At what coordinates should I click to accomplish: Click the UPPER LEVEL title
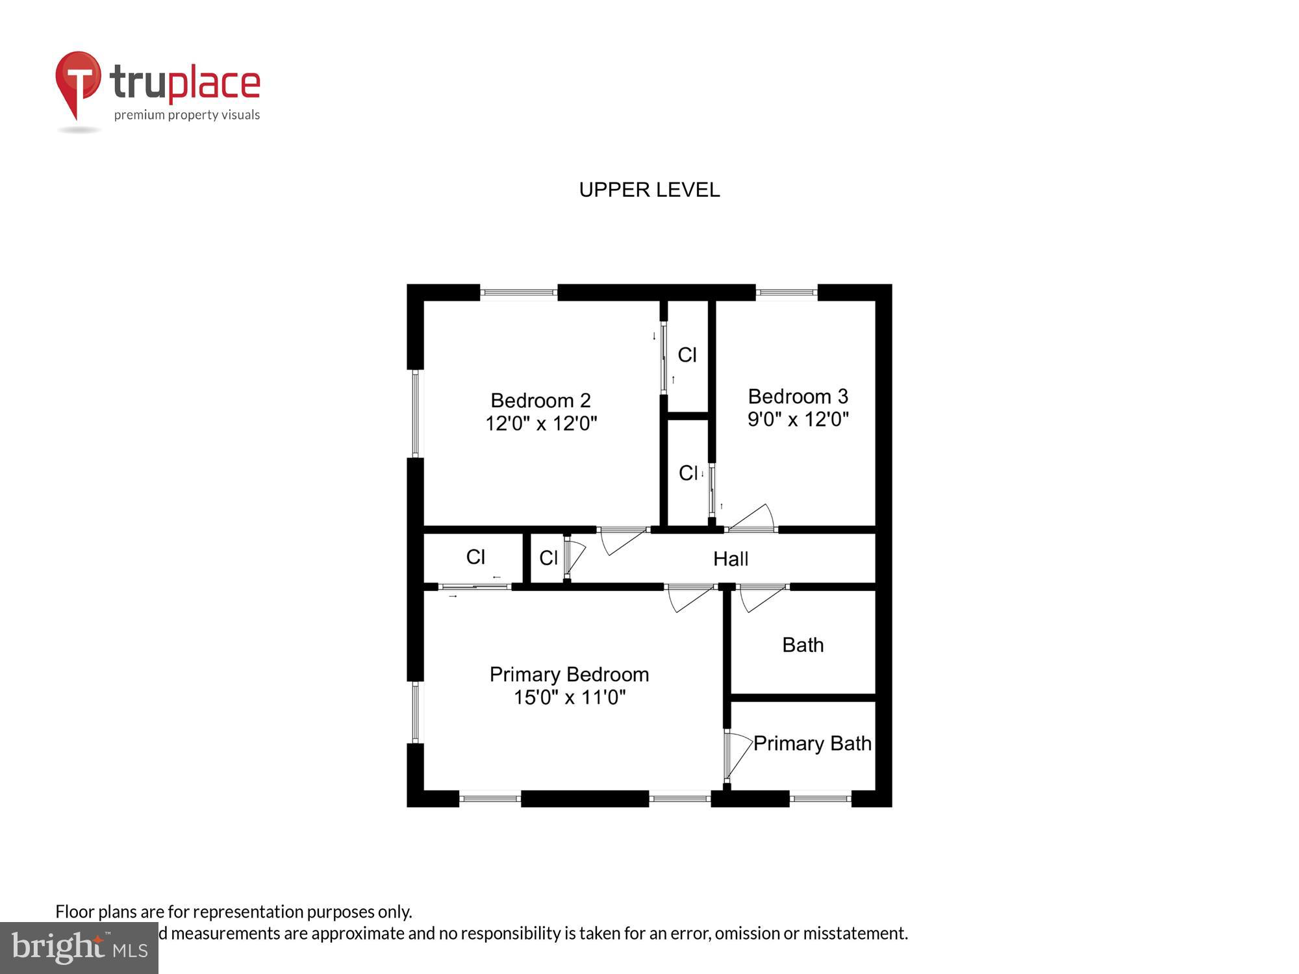[649, 190]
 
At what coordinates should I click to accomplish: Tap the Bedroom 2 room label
[540, 400]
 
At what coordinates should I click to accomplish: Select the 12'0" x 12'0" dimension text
[541, 423]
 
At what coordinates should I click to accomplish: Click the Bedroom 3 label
[798, 396]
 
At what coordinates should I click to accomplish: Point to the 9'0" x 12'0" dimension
[798, 419]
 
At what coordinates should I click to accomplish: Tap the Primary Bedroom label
[569, 674]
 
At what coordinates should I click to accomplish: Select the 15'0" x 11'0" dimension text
[569, 697]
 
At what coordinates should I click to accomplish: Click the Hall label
[731, 558]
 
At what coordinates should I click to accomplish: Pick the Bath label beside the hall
[803, 645]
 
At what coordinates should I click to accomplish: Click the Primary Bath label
[812, 743]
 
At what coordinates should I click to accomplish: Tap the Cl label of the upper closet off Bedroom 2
[687, 355]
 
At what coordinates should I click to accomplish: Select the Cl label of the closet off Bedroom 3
[688, 473]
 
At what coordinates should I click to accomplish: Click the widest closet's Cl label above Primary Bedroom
[475, 556]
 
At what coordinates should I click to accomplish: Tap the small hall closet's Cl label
[548, 557]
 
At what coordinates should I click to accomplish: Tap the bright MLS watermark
[79, 948]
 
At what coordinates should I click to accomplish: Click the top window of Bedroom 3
[787, 293]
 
